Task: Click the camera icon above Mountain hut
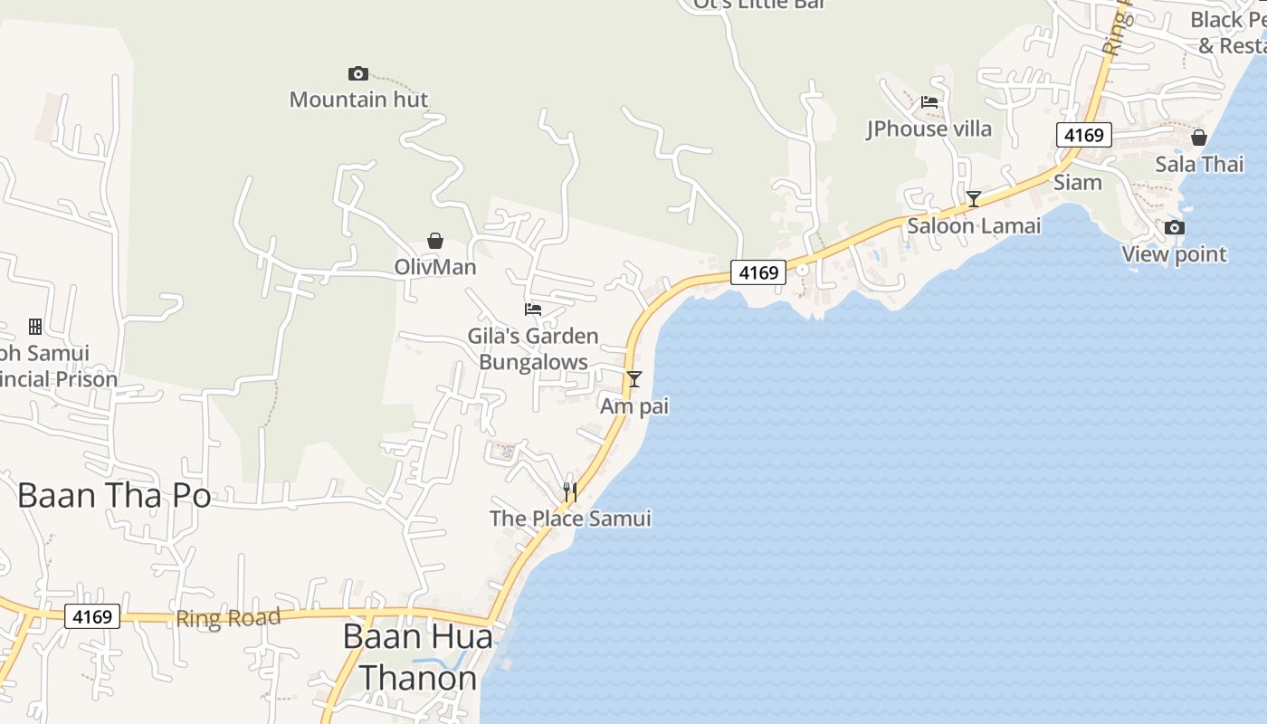tap(358, 73)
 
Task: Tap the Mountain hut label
tap(358, 100)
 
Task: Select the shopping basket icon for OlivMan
tap(435, 241)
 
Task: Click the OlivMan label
tap(435, 267)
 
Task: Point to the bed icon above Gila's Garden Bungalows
tap(533, 310)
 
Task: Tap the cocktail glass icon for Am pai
tap(634, 378)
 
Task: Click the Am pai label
tap(634, 406)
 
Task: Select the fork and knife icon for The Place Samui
tap(570, 491)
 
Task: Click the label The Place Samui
tap(570, 519)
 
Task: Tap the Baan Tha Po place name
tap(114, 496)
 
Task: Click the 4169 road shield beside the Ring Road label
tap(92, 617)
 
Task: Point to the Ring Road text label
tap(228, 618)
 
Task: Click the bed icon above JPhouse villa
tap(929, 102)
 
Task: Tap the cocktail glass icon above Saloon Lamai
tap(974, 199)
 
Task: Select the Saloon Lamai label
tap(974, 225)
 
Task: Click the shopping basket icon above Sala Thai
tap(1199, 138)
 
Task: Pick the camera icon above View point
tap(1175, 227)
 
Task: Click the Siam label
tap(1077, 183)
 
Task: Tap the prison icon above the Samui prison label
tap(35, 327)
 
